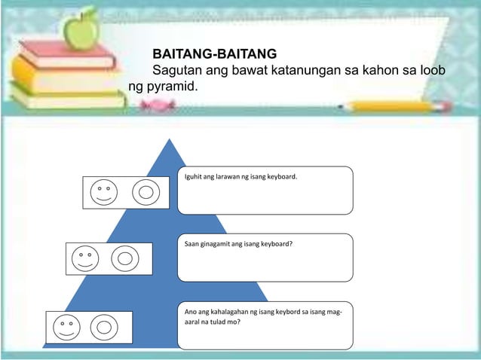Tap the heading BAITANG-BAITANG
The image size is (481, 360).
214,54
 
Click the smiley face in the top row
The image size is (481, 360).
103,191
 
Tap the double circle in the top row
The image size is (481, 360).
146,191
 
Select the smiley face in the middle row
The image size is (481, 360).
84,258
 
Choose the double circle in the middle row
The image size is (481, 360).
125,258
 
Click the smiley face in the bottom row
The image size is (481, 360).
65,326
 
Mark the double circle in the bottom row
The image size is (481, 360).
105,326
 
